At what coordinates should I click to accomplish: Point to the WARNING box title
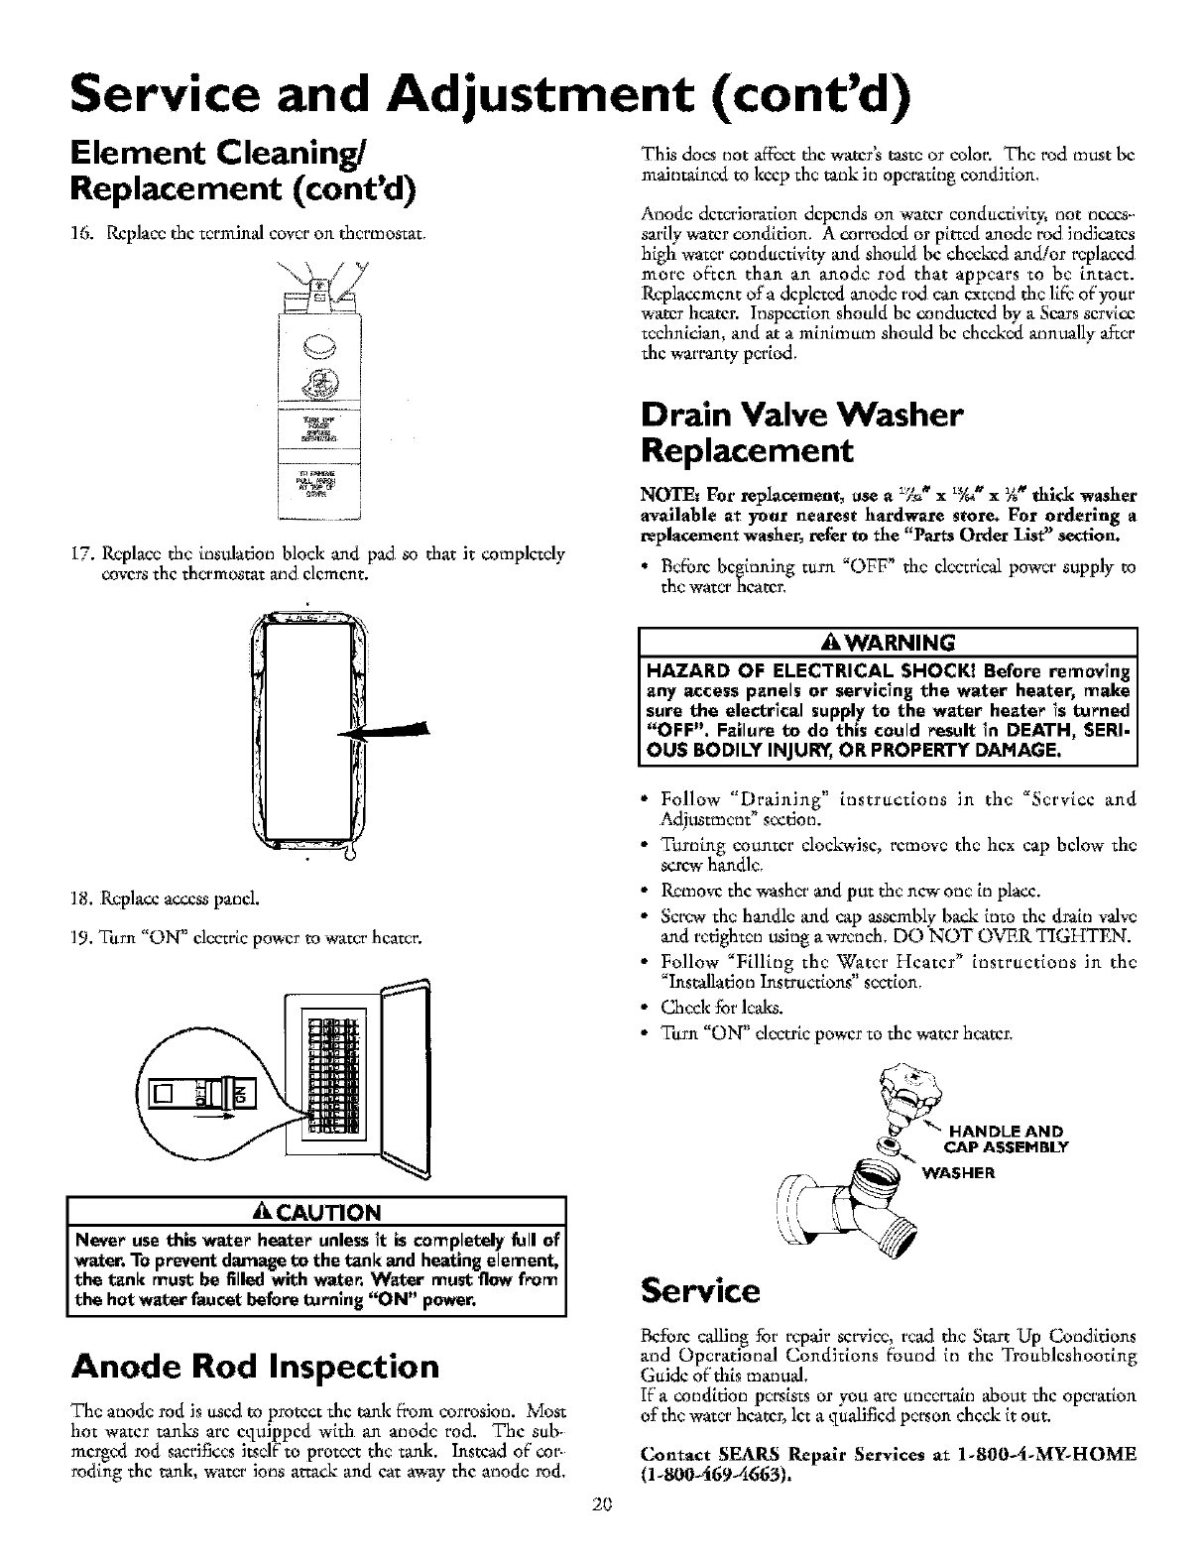coord(888,639)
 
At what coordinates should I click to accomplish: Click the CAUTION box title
coord(315,1212)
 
